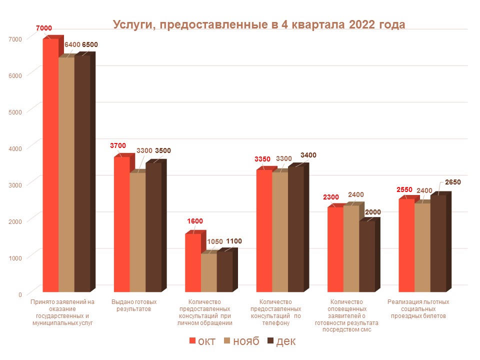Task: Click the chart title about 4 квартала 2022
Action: pyautogui.click(x=258, y=25)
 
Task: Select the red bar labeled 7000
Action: pyautogui.click(x=50, y=165)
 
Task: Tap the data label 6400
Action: pyautogui.click(x=72, y=45)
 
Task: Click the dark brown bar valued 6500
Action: pyautogui.click(x=82, y=172)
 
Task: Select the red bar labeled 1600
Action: pyautogui.click(x=193, y=262)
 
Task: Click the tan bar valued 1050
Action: pyautogui.click(x=209, y=272)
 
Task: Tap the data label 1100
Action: pyautogui.click(x=234, y=241)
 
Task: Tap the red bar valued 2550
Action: pyautogui.click(x=406, y=245)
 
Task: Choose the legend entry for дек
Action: pyautogui.click(x=281, y=341)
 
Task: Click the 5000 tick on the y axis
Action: pyautogui.click(x=16, y=111)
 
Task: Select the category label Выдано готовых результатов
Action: pyautogui.click(x=134, y=305)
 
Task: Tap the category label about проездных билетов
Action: pyautogui.click(x=418, y=309)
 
